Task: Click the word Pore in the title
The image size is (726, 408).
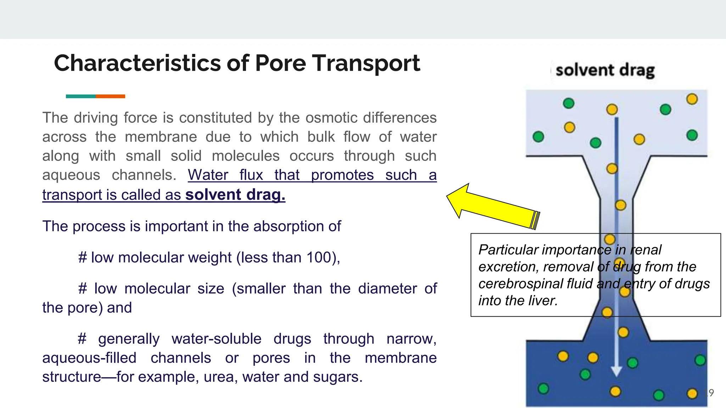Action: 280,63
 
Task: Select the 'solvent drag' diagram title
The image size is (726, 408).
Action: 605,70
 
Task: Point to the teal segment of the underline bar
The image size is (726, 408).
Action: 81,96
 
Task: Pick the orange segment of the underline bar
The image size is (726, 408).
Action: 110,96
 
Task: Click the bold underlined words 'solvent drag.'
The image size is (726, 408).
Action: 235,195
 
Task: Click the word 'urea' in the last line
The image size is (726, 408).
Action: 219,377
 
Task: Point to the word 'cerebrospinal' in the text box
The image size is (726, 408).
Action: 518,284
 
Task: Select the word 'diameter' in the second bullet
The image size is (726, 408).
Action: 387,289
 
